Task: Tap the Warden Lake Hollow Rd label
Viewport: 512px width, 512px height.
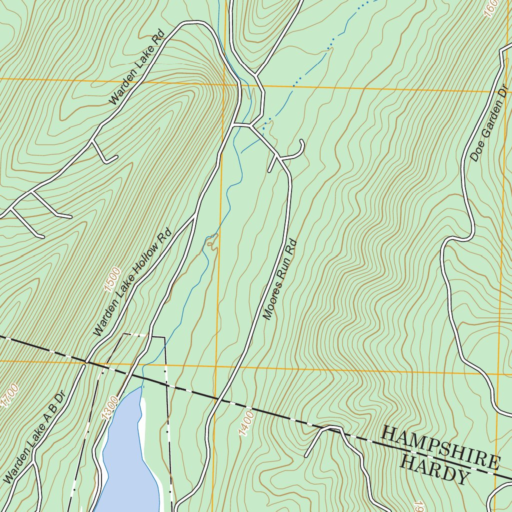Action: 132,282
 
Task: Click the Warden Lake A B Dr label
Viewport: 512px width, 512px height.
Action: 34,436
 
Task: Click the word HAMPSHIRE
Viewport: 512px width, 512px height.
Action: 440,446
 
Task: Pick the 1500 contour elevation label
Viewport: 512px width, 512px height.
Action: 112,278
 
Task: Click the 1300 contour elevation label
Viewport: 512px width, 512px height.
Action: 111,406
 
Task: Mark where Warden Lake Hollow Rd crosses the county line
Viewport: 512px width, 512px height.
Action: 86,361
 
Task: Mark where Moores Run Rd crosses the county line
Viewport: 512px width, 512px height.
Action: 217,399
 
